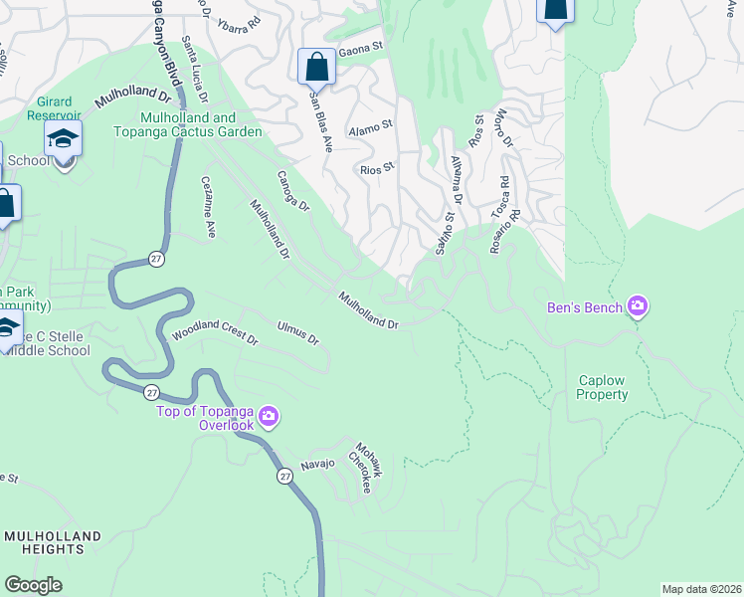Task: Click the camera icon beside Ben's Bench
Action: point(638,307)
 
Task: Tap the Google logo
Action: point(33,584)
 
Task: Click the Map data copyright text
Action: point(701,589)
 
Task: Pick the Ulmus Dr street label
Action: point(297,333)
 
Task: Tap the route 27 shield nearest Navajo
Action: point(285,477)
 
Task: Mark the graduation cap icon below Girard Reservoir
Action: point(64,139)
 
